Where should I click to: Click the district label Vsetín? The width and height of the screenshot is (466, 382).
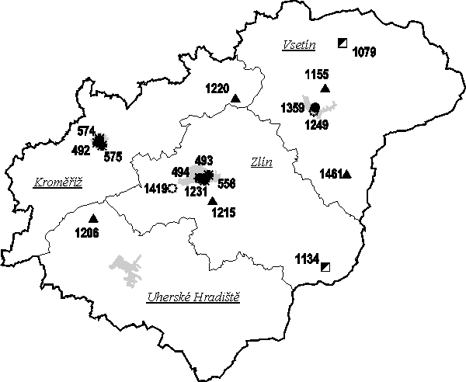299,46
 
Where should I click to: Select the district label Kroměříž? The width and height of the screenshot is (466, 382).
58,182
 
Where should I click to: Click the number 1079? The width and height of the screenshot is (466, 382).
364,53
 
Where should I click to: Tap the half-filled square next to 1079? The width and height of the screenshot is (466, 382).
343,43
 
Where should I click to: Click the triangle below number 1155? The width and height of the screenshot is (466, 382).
325,89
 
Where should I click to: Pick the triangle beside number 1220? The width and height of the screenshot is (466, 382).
235,98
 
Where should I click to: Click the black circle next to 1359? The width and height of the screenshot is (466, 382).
315,106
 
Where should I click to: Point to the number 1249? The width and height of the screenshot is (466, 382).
317,123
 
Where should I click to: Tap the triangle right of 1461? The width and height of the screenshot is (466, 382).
346,174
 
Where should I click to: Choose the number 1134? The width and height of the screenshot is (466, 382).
307,259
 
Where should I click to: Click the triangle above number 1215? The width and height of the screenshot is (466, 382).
213,201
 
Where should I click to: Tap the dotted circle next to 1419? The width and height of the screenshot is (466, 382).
172,188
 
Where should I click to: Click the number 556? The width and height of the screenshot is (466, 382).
227,184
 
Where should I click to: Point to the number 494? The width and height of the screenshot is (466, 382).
180,172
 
